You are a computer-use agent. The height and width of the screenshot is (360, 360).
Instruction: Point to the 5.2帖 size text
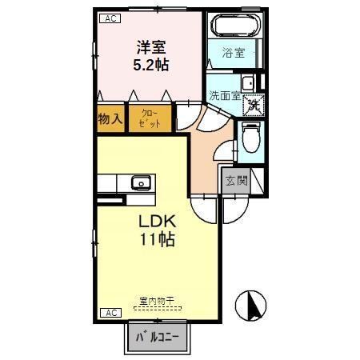150,65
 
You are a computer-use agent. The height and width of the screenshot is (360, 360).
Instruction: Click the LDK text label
156,222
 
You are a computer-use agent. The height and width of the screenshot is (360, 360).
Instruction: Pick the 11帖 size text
156,239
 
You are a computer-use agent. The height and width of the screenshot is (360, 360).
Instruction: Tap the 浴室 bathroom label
234,54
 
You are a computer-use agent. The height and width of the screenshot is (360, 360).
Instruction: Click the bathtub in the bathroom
233,26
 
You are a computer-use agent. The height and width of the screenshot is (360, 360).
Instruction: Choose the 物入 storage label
110,119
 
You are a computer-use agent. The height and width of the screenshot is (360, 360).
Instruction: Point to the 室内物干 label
156,300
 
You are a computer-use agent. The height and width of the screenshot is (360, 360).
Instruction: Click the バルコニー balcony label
156,338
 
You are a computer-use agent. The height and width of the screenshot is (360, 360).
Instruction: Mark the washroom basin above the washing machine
247,82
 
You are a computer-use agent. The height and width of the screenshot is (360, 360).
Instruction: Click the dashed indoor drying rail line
157,307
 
